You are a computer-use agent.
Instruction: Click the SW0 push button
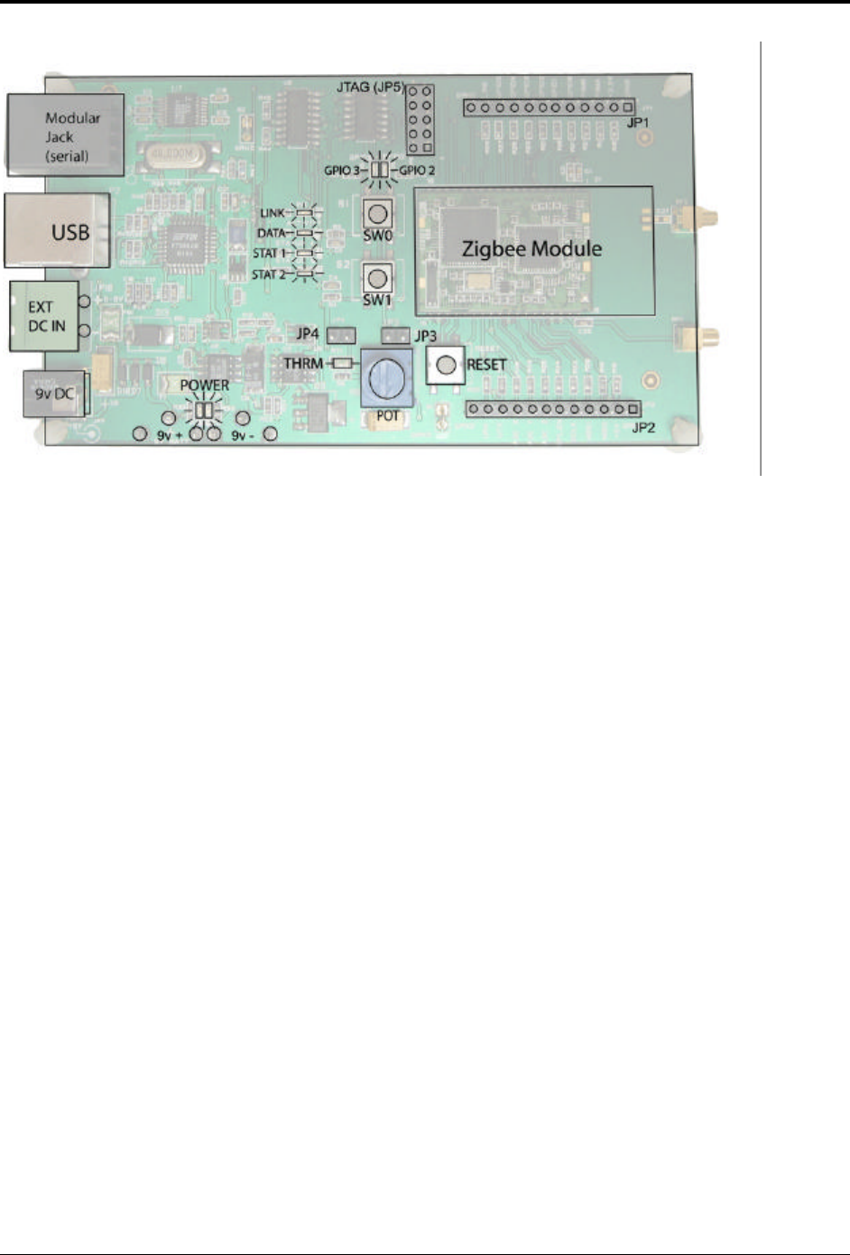tap(378, 214)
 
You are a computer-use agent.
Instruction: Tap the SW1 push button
tap(378, 277)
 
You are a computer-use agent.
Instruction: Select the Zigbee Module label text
tap(531, 248)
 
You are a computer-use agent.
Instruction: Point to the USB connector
tap(59, 230)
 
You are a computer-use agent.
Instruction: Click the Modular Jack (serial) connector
tap(66, 135)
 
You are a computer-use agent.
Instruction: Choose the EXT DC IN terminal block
tap(44, 316)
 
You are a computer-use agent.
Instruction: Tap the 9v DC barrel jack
tap(53, 394)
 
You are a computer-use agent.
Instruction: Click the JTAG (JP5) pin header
tap(419, 119)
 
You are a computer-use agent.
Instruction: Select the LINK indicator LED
tap(305, 213)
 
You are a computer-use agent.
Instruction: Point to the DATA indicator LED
tap(305, 233)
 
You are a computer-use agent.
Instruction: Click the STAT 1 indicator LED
tap(305, 254)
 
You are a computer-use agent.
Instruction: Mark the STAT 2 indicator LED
tap(305, 274)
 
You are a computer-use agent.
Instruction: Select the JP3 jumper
tap(394, 336)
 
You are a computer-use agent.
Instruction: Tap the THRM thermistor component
tap(341, 363)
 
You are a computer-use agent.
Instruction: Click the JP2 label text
tap(643, 428)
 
